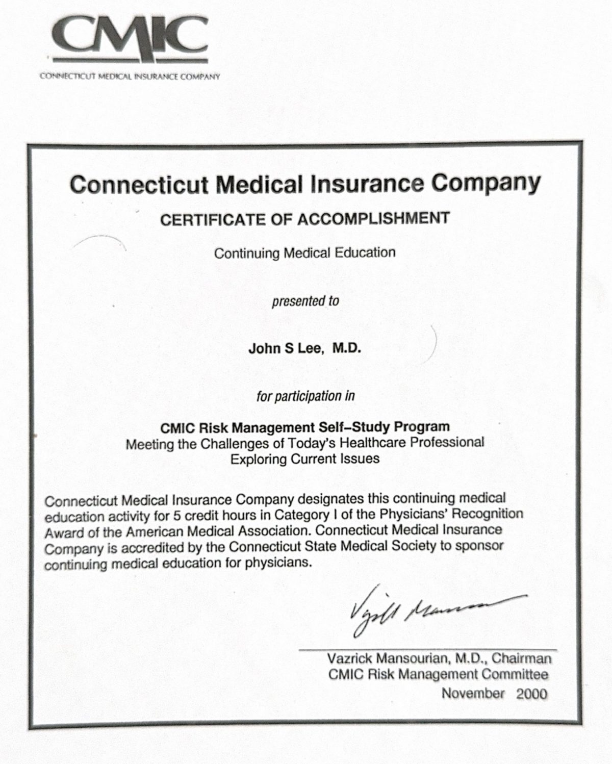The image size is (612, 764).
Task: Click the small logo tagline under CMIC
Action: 130,77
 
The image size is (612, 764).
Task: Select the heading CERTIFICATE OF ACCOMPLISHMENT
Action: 305,219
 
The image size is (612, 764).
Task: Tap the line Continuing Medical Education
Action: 304,253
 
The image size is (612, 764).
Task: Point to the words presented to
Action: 305,301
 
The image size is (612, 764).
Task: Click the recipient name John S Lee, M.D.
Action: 304,348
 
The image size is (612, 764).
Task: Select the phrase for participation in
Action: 305,396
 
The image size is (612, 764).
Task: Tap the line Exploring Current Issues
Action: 304,459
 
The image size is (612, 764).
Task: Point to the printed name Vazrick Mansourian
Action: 389,658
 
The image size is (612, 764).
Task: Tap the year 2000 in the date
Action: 532,694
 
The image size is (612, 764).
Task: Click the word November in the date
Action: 473,694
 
